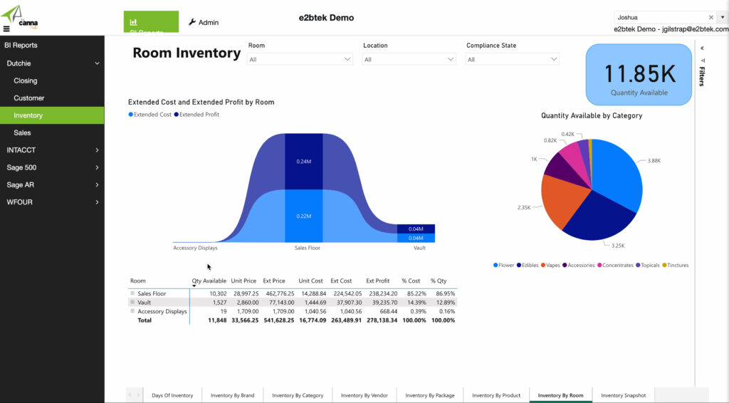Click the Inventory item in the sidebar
tap(28, 115)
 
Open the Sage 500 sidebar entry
tap(22, 167)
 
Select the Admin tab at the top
tap(204, 22)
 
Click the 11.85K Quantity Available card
tap(639, 75)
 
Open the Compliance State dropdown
tap(512, 60)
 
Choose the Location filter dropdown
tap(409, 60)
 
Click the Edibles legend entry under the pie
tap(528, 266)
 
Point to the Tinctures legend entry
tap(676, 266)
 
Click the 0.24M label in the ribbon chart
tap(304, 162)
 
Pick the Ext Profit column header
tap(378, 281)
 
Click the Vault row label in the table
tap(144, 303)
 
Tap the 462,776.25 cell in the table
tap(280, 293)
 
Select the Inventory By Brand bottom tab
tap(232, 395)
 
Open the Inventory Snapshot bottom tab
tap(623, 395)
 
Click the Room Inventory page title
tap(187, 53)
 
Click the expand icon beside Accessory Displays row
tap(132, 311)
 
